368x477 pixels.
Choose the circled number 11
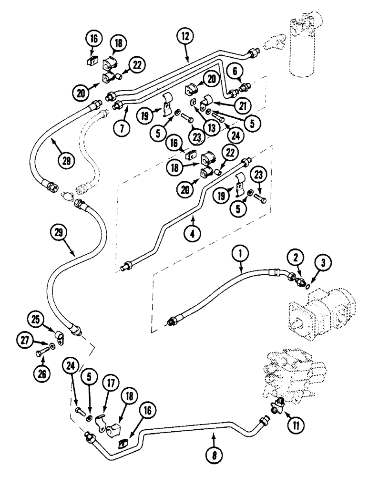tap(295, 422)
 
